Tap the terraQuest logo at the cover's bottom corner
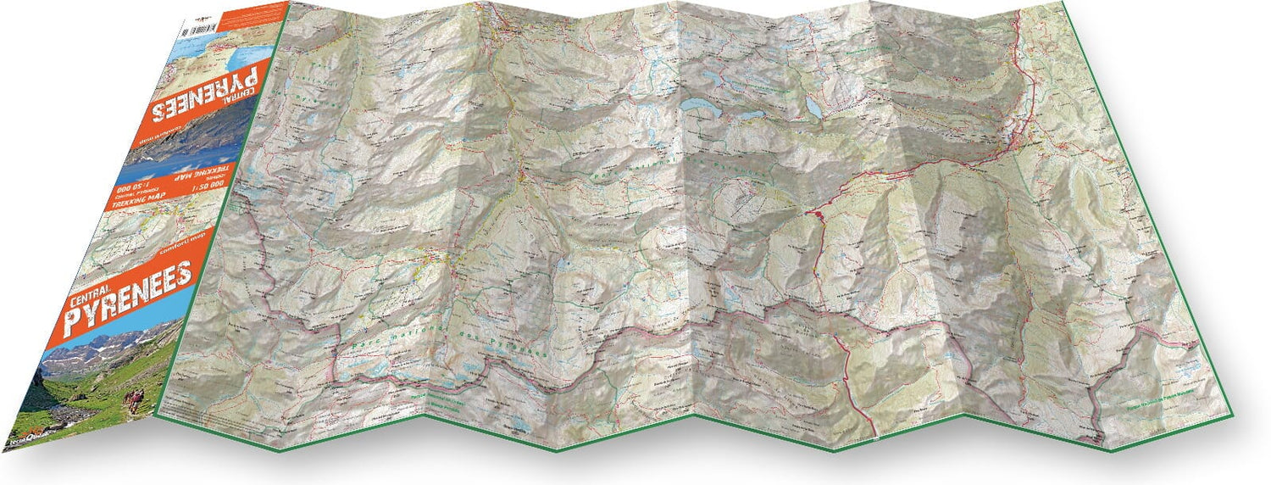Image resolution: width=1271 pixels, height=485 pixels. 25,438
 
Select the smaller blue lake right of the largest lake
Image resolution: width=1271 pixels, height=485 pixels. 813,109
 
